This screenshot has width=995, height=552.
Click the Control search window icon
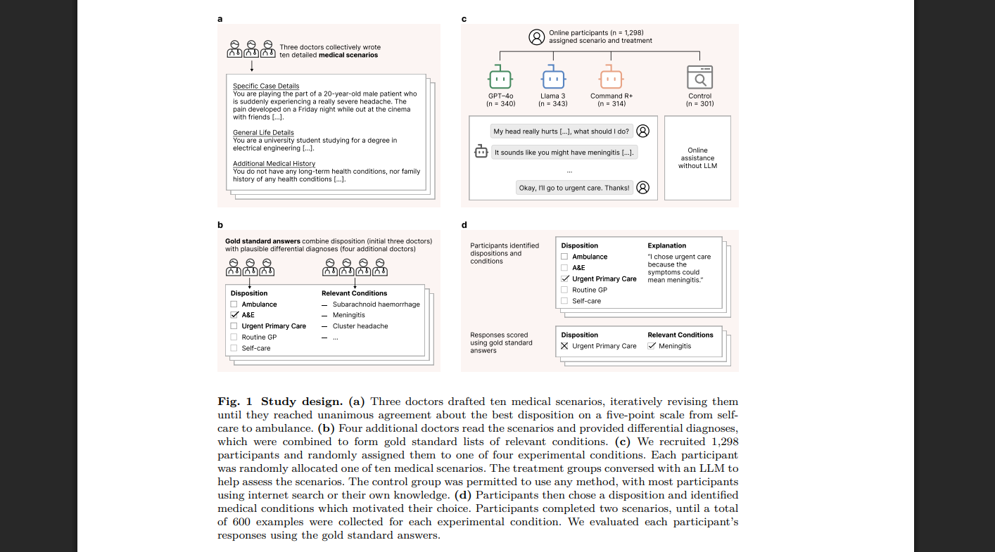click(x=699, y=77)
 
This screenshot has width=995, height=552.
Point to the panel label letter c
click(x=464, y=19)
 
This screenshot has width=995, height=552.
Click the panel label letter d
click(x=464, y=225)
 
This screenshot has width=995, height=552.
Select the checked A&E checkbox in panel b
click(x=234, y=315)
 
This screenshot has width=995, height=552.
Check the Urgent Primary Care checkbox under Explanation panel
click(x=564, y=279)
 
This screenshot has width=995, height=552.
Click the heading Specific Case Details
click(x=266, y=86)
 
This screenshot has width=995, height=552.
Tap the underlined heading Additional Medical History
click(x=274, y=163)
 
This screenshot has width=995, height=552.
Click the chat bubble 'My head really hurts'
click(x=561, y=131)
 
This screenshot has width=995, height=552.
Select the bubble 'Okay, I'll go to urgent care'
click(x=573, y=188)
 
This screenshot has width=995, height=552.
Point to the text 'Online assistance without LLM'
click(x=697, y=158)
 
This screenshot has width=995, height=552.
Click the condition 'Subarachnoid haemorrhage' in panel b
click(x=376, y=304)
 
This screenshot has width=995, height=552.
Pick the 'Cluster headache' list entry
click(x=360, y=326)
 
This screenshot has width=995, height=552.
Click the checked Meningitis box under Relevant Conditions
click(x=652, y=346)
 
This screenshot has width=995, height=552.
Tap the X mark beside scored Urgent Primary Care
click(x=564, y=346)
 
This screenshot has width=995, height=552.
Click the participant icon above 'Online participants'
click(x=537, y=37)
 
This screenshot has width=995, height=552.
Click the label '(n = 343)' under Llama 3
click(x=552, y=104)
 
